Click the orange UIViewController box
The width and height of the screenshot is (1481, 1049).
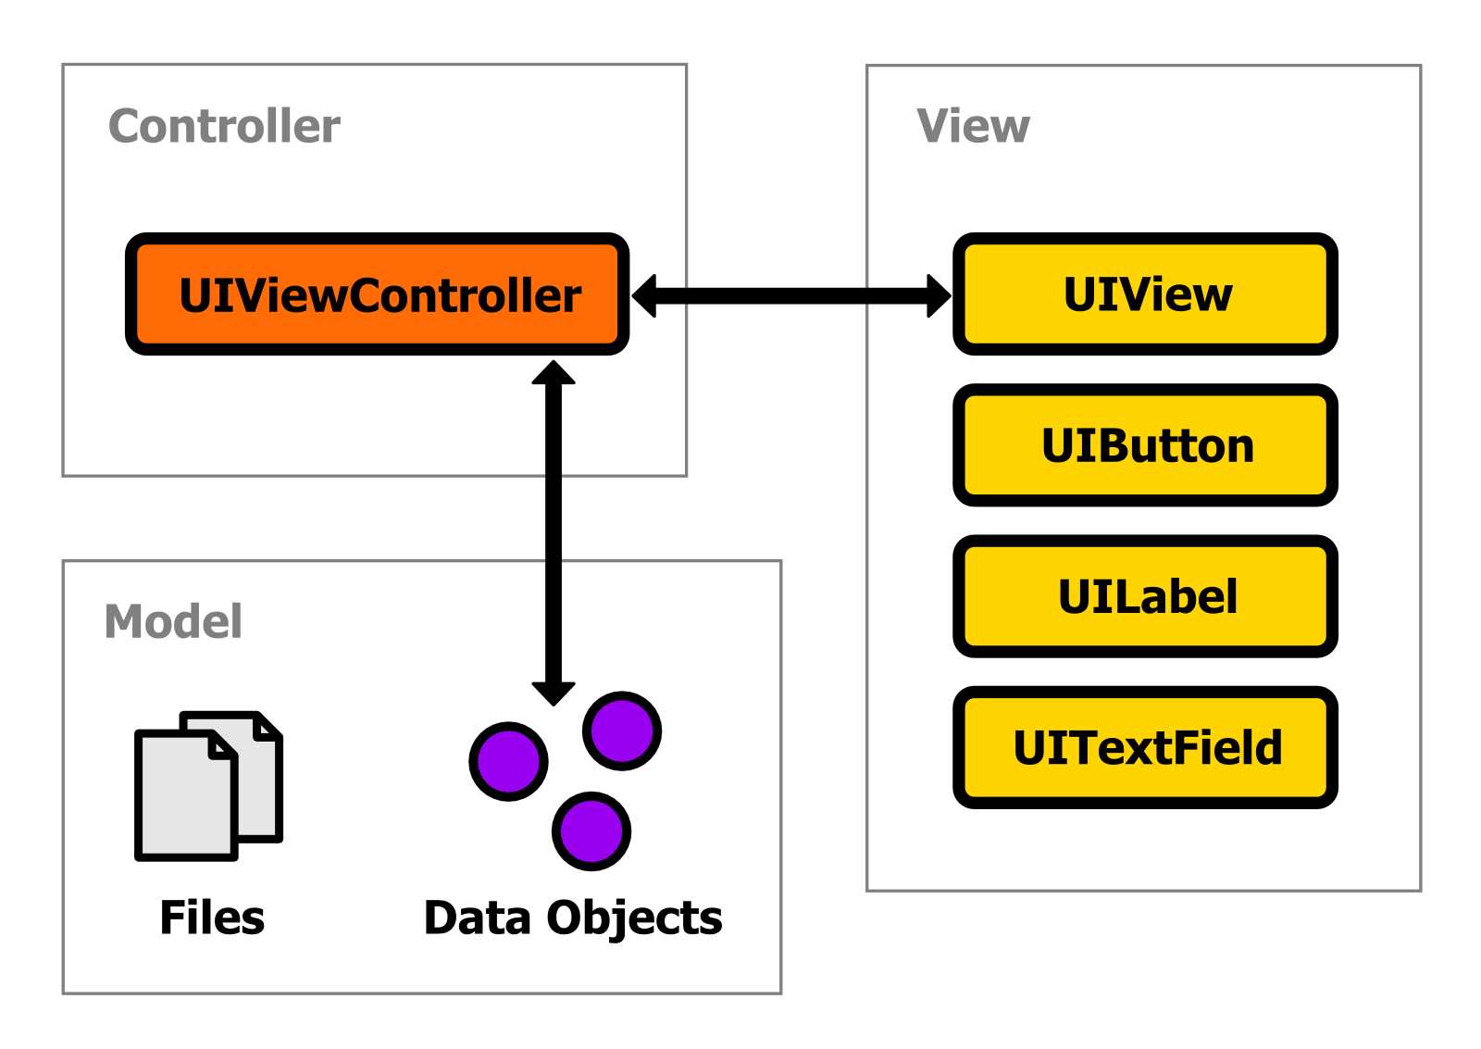pos(378,294)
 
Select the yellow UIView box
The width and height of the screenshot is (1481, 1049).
pos(1145,294)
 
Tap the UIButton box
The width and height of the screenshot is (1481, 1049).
pos(1145,445)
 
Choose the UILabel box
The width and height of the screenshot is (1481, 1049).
pos(1145,596)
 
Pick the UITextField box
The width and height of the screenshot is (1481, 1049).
pos(1145,747)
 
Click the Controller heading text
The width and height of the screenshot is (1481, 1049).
pos(224,126)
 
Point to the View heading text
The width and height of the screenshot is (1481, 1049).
pos(973,126)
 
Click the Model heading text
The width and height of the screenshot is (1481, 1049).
pos(173,621)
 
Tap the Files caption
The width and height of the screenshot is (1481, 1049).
pos(212,918)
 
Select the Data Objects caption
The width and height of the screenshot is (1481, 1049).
pos(573,918)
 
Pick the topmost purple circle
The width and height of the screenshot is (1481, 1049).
pos(622,731)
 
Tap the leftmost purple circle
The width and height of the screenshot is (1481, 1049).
pos(508,761)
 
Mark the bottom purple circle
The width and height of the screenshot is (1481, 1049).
pos(591,830)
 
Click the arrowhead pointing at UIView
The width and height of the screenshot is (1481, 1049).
pos(938,296)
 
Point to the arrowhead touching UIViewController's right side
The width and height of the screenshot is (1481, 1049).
pos(644,296)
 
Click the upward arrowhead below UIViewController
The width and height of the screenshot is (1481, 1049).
pos(554,373)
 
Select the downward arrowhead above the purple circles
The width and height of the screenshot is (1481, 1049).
pos(554,693)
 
